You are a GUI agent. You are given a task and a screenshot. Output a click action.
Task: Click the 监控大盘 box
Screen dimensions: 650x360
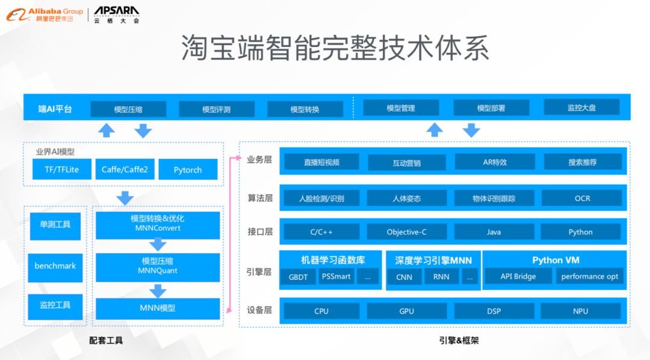pyautogui.click(x=581, y=108)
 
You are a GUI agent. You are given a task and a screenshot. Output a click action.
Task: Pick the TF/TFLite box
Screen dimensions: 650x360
pyautogui.click(x=61, y=169)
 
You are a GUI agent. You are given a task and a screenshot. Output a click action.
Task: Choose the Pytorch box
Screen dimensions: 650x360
pyautogui.click(x=187, y=170)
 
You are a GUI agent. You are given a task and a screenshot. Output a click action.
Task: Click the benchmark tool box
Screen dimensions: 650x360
pyautogui.click(x=55, y=265)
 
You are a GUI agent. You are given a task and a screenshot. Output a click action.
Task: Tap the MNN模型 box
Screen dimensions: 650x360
pyautogui.click(x=158, y=308)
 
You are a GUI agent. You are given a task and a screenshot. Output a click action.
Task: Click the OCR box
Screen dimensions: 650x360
pyautogui.click(x=582, y=198)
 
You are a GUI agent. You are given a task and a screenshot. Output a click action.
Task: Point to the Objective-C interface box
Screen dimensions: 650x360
pyautogui.click(x=407, y=232)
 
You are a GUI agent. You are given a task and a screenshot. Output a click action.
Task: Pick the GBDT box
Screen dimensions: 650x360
pyautogui.click(x=298, y=277)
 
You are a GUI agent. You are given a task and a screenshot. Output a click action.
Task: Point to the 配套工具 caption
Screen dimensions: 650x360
pyautogui.click(x=106, y=340)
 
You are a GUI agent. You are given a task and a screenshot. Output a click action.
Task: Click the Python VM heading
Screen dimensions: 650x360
pyautogui.click(x=556, y=260)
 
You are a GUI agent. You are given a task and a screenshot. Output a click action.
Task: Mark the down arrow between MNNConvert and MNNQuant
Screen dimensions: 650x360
pyautogui.click(x=158, y=244)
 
